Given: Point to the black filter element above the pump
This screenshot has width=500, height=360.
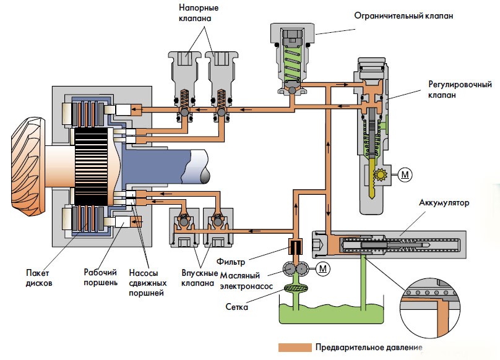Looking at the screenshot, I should coord(293,247).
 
